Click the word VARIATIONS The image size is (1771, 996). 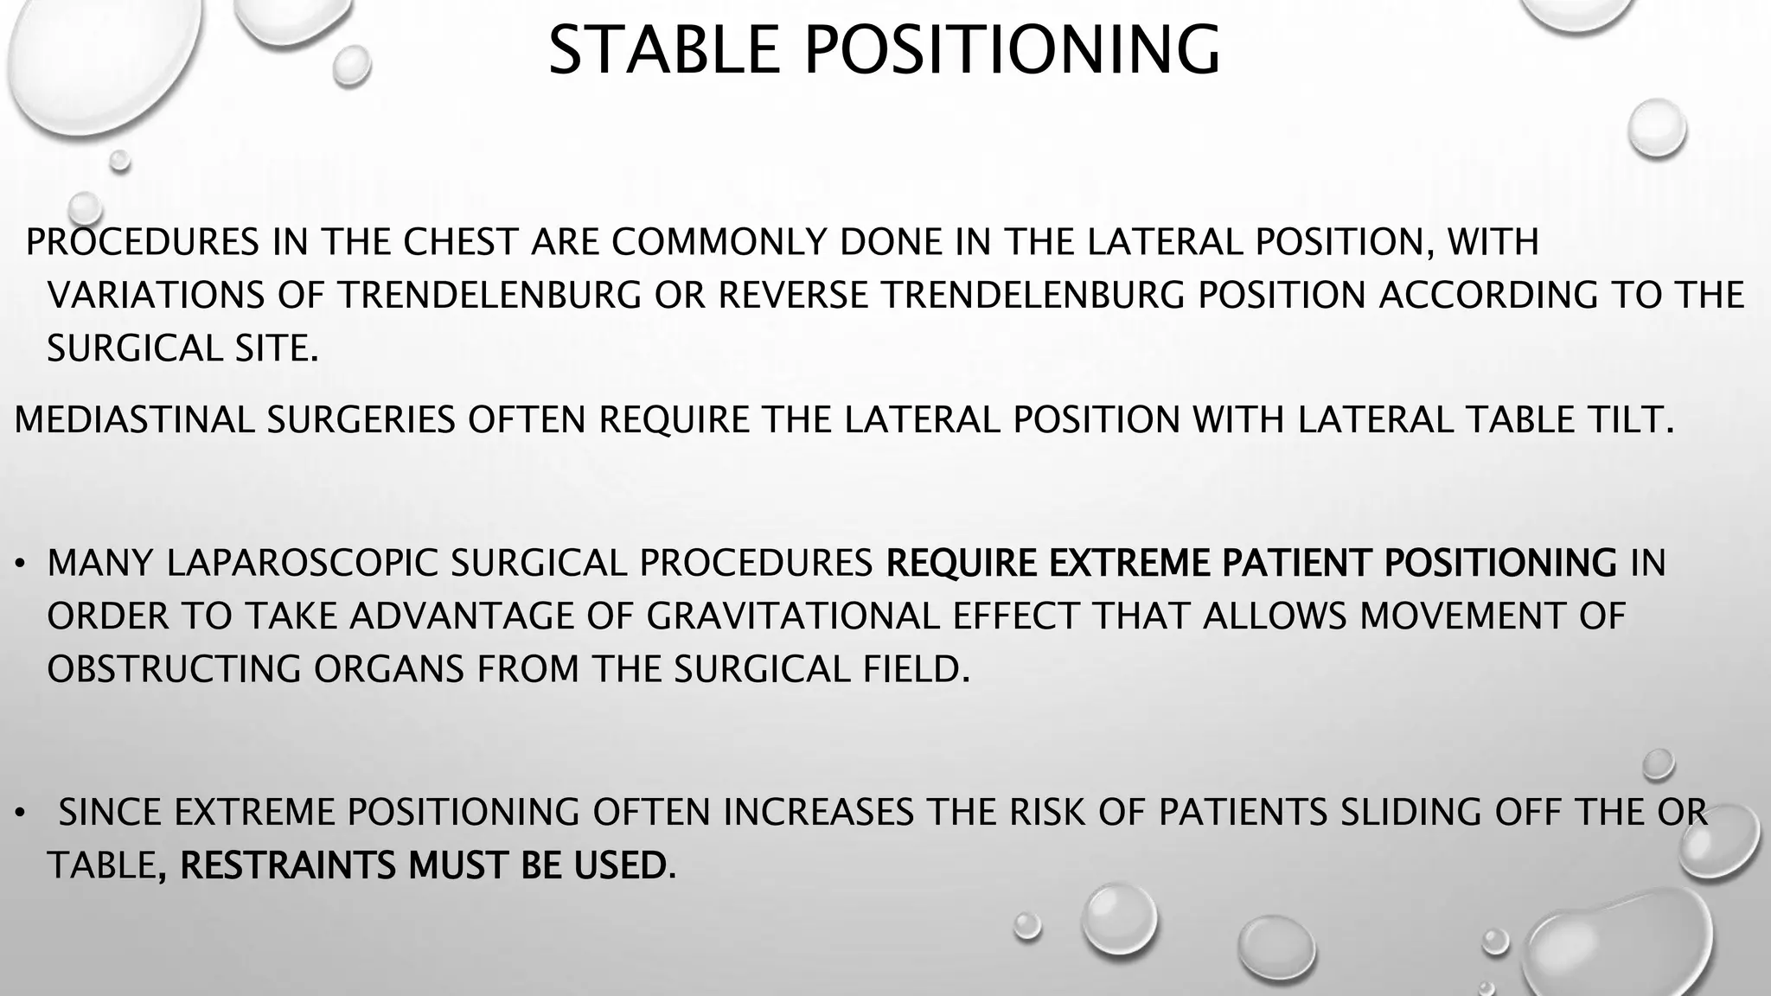coord(156,296)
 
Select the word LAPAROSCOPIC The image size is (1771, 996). coord(302,563)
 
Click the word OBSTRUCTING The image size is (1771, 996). coord(174,670)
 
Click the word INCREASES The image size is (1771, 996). coord(818,812)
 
